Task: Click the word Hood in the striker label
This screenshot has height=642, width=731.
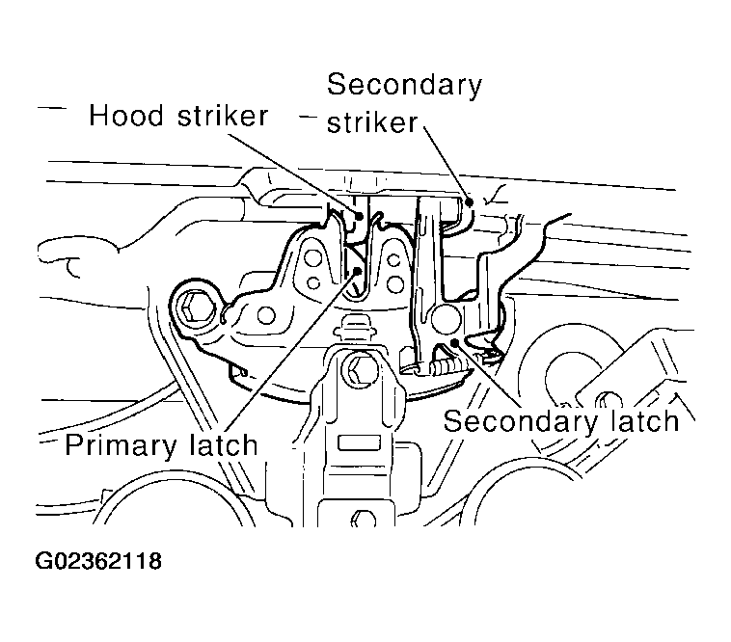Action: [123, 118]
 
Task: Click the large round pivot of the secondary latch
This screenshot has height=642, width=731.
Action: [447, 319]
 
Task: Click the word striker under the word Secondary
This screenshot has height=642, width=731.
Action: [373, 122]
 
